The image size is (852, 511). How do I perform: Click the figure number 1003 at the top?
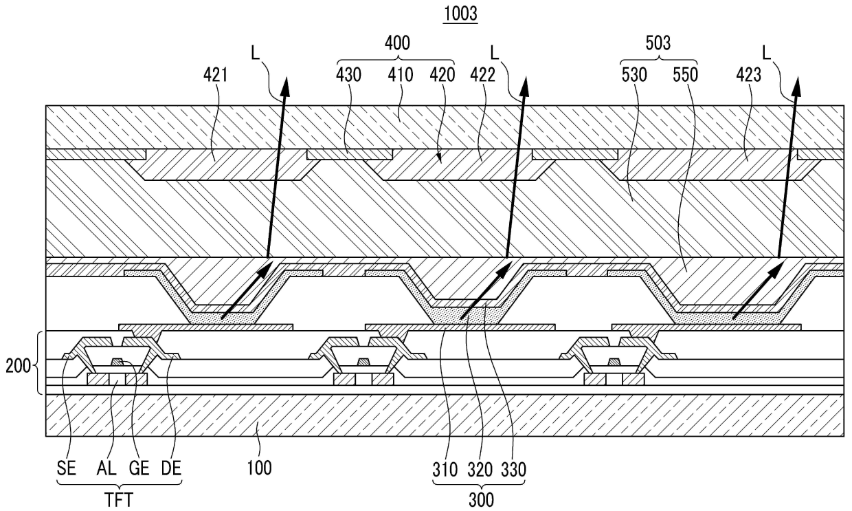pyautogui.click(x=460, y=14)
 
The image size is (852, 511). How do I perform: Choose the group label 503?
pyautogui.click(x=658, y=43)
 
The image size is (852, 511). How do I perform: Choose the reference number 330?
pyautogui.click(x=515, y=469)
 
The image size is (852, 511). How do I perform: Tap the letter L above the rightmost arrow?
pyautogui.click(x=768, y=52)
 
